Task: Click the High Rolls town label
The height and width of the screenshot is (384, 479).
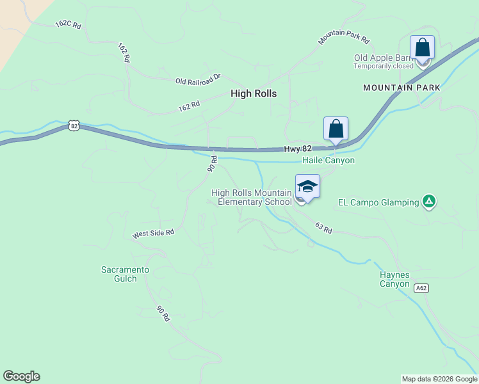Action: (254, 93)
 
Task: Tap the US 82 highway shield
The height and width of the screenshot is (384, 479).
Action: (74, 126)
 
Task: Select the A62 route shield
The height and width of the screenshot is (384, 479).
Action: (421, 288)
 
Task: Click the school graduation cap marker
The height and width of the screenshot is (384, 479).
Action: (307, 186)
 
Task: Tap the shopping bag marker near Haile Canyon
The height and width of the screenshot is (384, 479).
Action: (336, 129)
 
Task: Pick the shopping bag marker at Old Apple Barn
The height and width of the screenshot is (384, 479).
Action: (422, 47)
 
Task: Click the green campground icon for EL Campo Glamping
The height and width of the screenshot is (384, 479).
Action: (429, 202)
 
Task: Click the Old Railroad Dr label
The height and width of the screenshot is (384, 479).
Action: (198, 79)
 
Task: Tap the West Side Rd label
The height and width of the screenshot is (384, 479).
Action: (153, 234)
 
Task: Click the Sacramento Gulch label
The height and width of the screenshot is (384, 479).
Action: (126, 274)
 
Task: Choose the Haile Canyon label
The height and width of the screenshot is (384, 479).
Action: (329, 161)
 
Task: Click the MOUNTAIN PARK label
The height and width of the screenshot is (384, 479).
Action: (402, 87)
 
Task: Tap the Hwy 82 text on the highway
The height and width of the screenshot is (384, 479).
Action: (298, 148)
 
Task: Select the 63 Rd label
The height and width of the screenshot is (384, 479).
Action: (323, 228)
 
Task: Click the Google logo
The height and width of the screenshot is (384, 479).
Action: (21, 376)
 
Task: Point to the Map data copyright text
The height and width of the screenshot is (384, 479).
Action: (439, 379)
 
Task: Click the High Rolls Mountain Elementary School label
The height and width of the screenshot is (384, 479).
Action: (252, 197)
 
